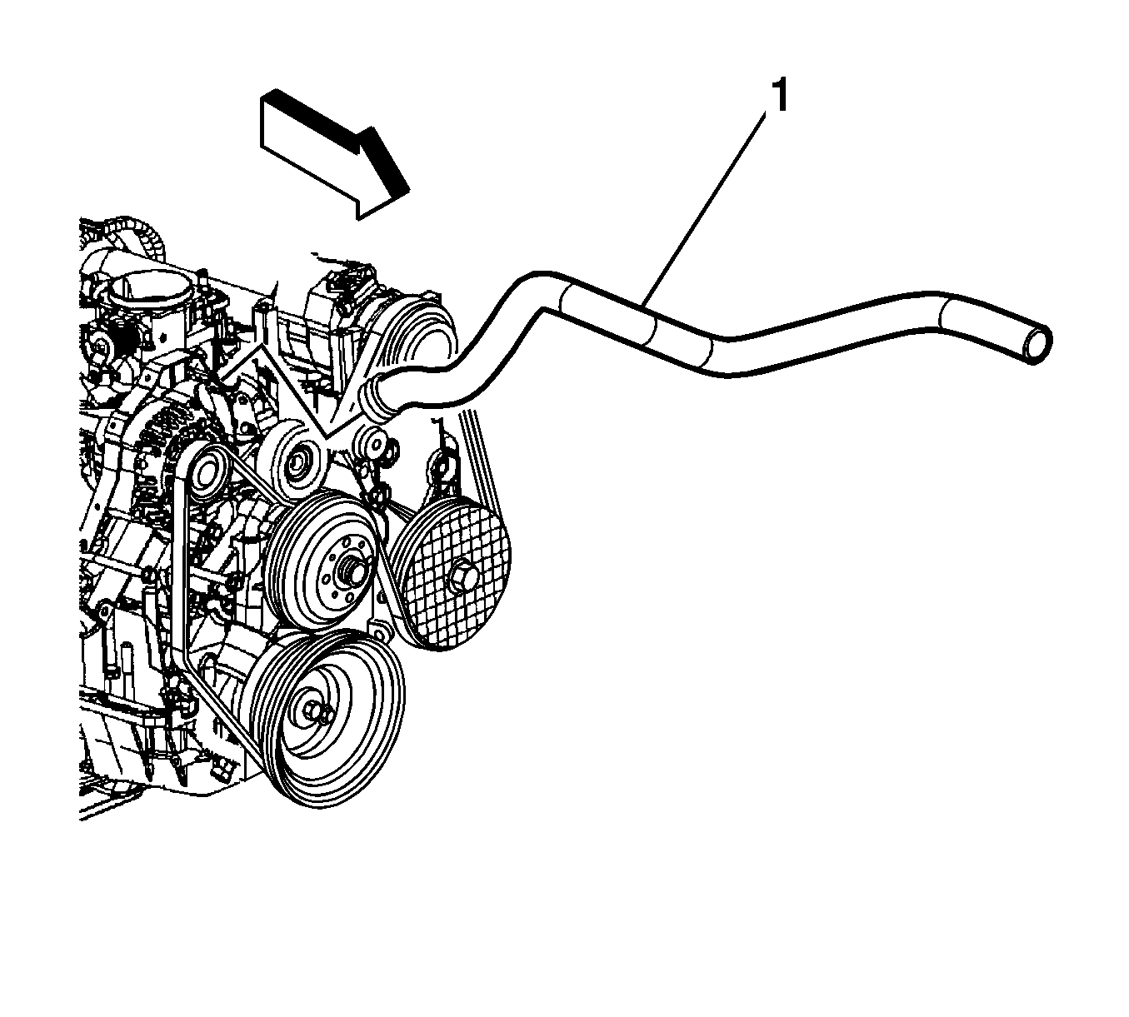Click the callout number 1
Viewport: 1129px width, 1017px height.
click(x=780, y=96)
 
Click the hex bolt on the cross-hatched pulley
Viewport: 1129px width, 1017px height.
click(x=464, y=576)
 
